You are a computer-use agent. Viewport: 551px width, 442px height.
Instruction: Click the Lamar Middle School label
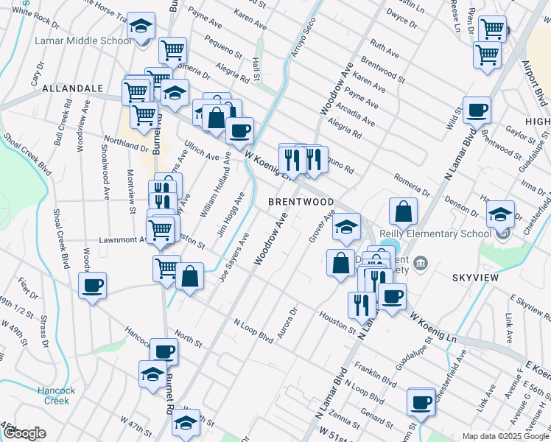[83, 41]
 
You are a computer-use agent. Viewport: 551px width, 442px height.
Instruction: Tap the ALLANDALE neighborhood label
[72, 88]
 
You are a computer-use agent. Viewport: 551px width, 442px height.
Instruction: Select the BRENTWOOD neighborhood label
[301, 202]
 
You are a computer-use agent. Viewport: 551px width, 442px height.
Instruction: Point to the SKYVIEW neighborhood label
[477, 278]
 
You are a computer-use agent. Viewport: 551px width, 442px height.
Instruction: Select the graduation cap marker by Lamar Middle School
[141, 27]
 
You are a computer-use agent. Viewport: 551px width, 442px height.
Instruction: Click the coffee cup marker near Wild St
[477, 110]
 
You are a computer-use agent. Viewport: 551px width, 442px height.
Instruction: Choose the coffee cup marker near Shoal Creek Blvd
[93, 286]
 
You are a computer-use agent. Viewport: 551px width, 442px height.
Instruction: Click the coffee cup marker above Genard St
[421, 402]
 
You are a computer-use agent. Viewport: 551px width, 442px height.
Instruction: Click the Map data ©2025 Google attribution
[505, 436]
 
